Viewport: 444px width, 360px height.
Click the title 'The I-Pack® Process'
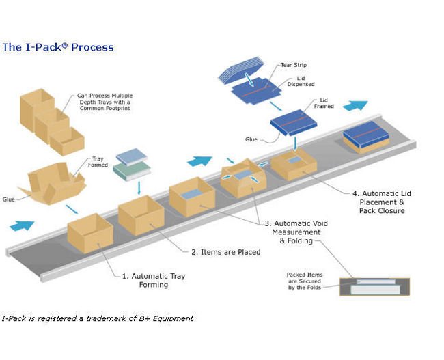pyautogui.click(x=58, y=47)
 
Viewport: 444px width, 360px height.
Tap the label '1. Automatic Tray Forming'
pyautogui.click(x=153, y=280)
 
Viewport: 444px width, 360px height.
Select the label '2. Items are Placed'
pyautogui.click(x=225, y=252)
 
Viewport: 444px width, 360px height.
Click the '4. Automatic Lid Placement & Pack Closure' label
pyautogui.click(x=386, y=202)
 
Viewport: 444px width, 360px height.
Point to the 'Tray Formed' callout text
pyautogui.click(x=98, y=163)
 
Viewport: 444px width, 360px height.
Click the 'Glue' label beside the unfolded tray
pyautogui.click(x=9, y=199)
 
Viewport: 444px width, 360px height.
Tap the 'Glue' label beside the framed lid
pyautogui.click(x=251, y=139)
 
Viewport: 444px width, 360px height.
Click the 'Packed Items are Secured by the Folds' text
pyautogui.click(x=305, y=281)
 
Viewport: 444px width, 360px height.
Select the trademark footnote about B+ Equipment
pyautogui.click(x=97, y=318)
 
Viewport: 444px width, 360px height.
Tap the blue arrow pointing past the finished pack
pyautogui.click(x=355, y=106)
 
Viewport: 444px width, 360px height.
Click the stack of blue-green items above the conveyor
pyautogui.click(x=131, y=165)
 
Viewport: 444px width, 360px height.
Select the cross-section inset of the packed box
pyautogui.click(x=374, y=286)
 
